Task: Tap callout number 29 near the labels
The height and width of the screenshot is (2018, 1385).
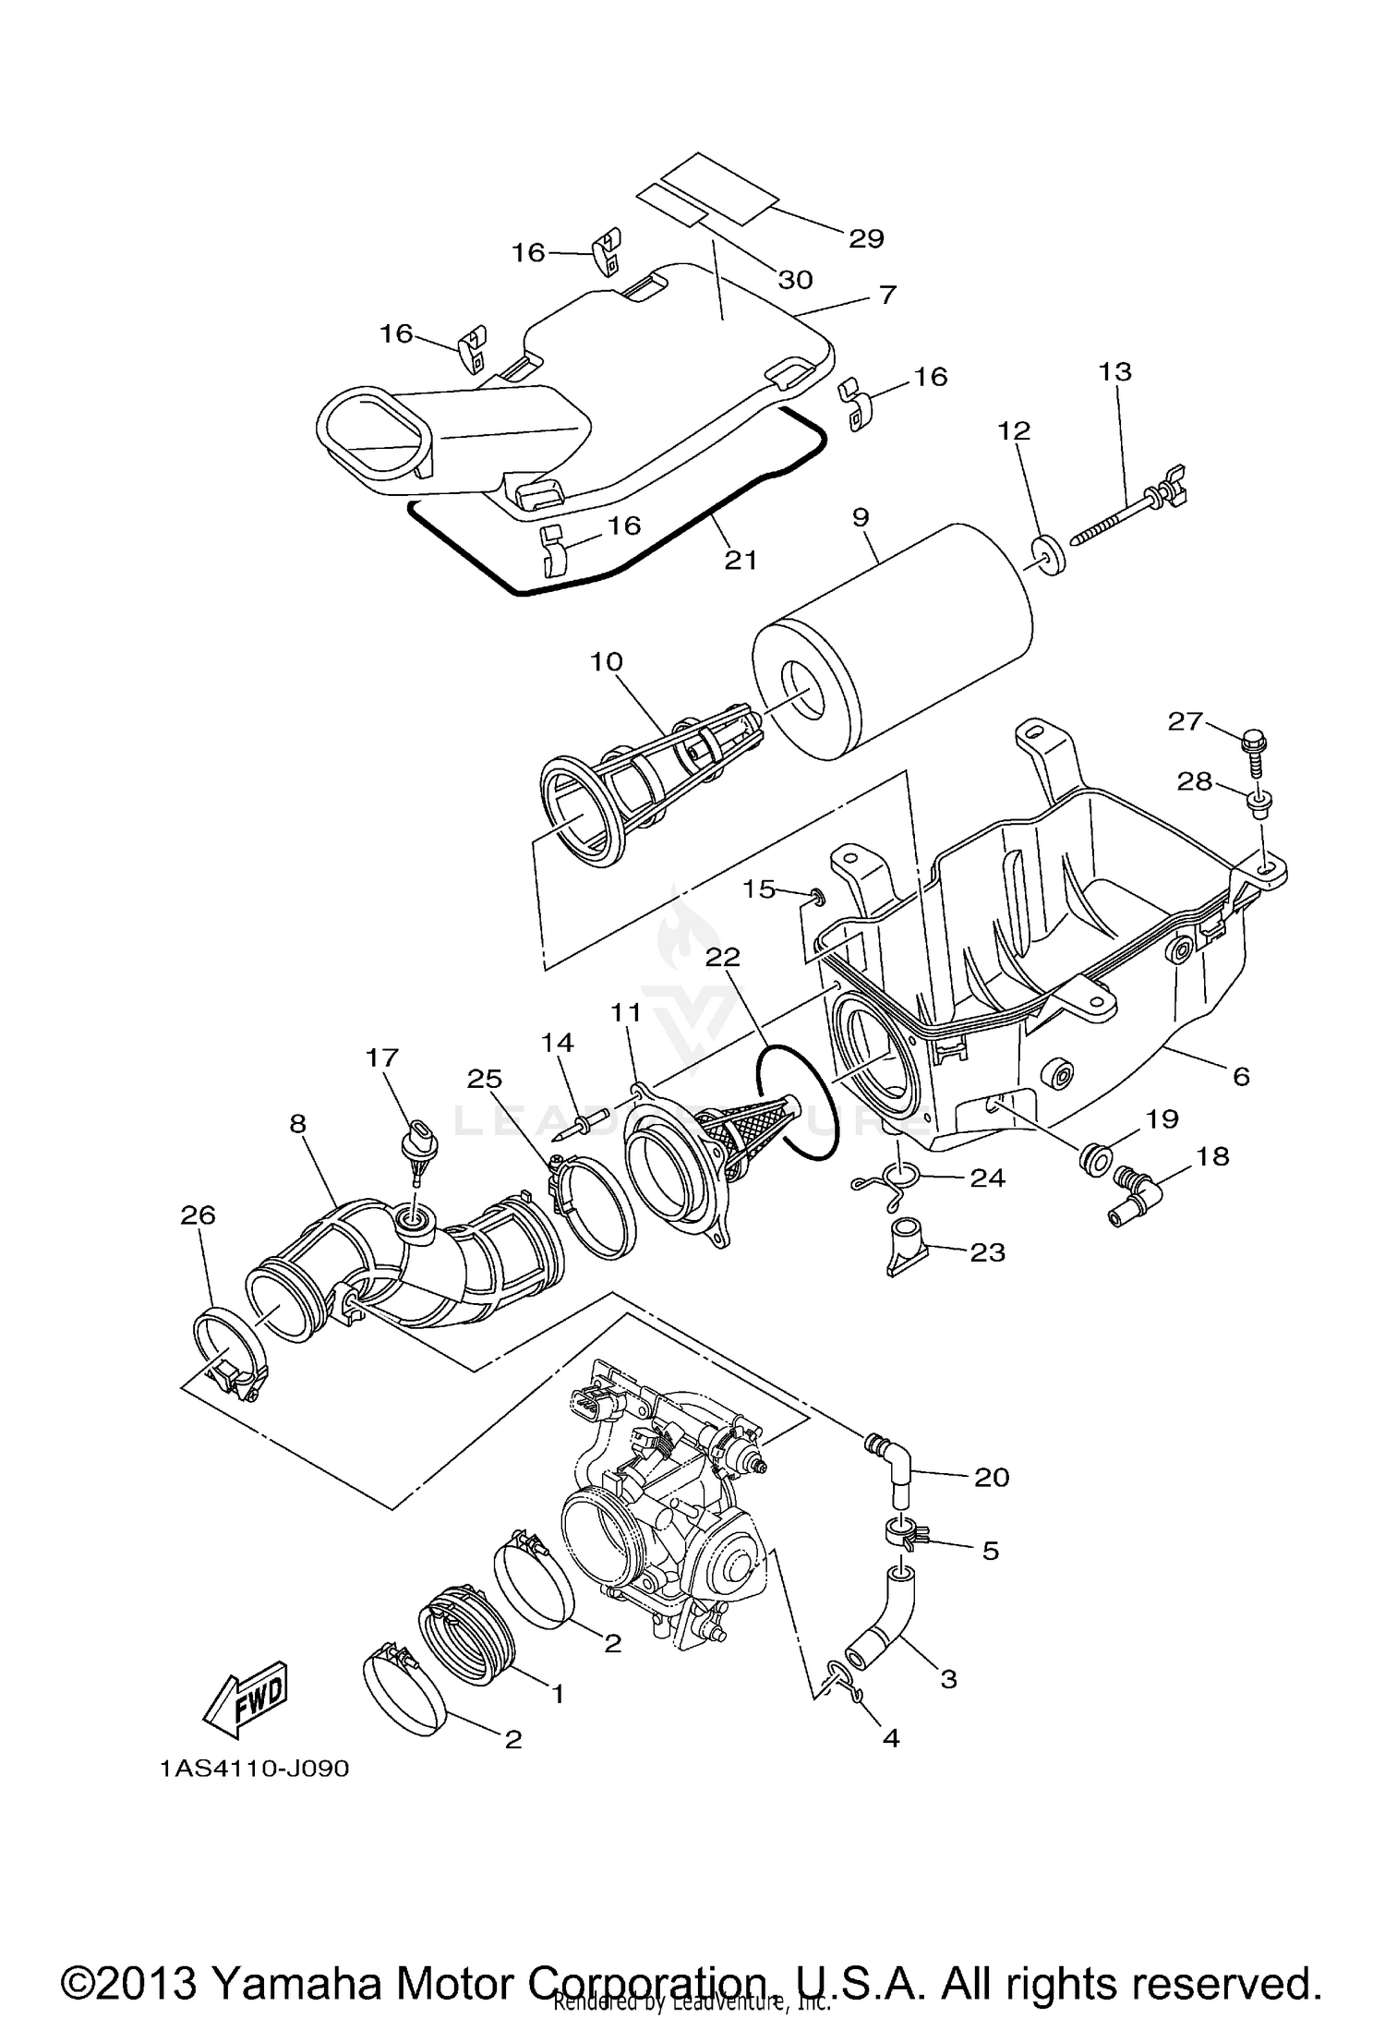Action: pos(866,238)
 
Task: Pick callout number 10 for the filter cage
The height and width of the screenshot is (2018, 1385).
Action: pos(607,662)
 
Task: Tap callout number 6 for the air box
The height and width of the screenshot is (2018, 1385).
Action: pos(1240,1075)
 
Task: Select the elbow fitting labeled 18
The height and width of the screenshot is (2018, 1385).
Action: pos(1133,1199)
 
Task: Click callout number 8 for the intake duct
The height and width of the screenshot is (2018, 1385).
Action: pos(297,1123)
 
